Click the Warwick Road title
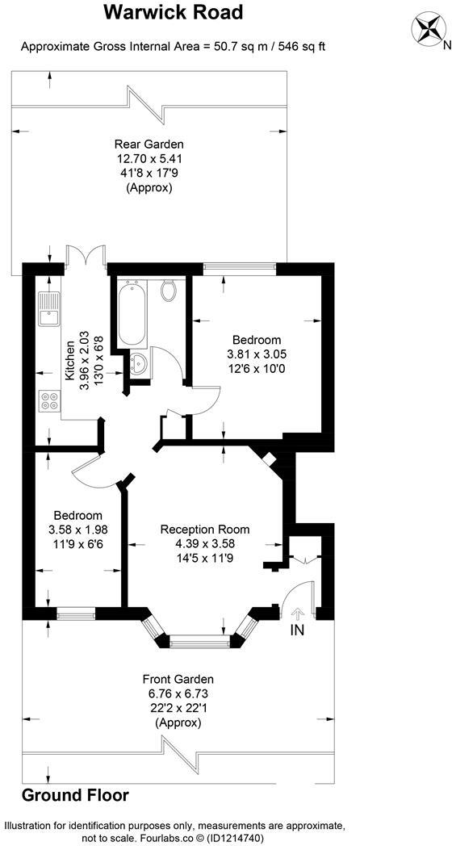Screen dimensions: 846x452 174,13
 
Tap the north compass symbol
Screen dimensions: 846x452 428,30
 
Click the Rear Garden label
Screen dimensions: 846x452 144,144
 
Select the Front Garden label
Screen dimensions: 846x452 178,680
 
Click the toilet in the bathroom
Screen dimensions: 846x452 169,290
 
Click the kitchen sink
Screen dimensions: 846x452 48,308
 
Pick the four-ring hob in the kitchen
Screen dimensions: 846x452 49,400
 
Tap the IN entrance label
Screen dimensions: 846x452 298,630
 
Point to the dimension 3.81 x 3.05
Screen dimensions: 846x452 257,354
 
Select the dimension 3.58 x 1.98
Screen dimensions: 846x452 77,530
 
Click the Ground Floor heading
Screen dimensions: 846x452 75,795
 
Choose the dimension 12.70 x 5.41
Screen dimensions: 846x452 144,159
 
